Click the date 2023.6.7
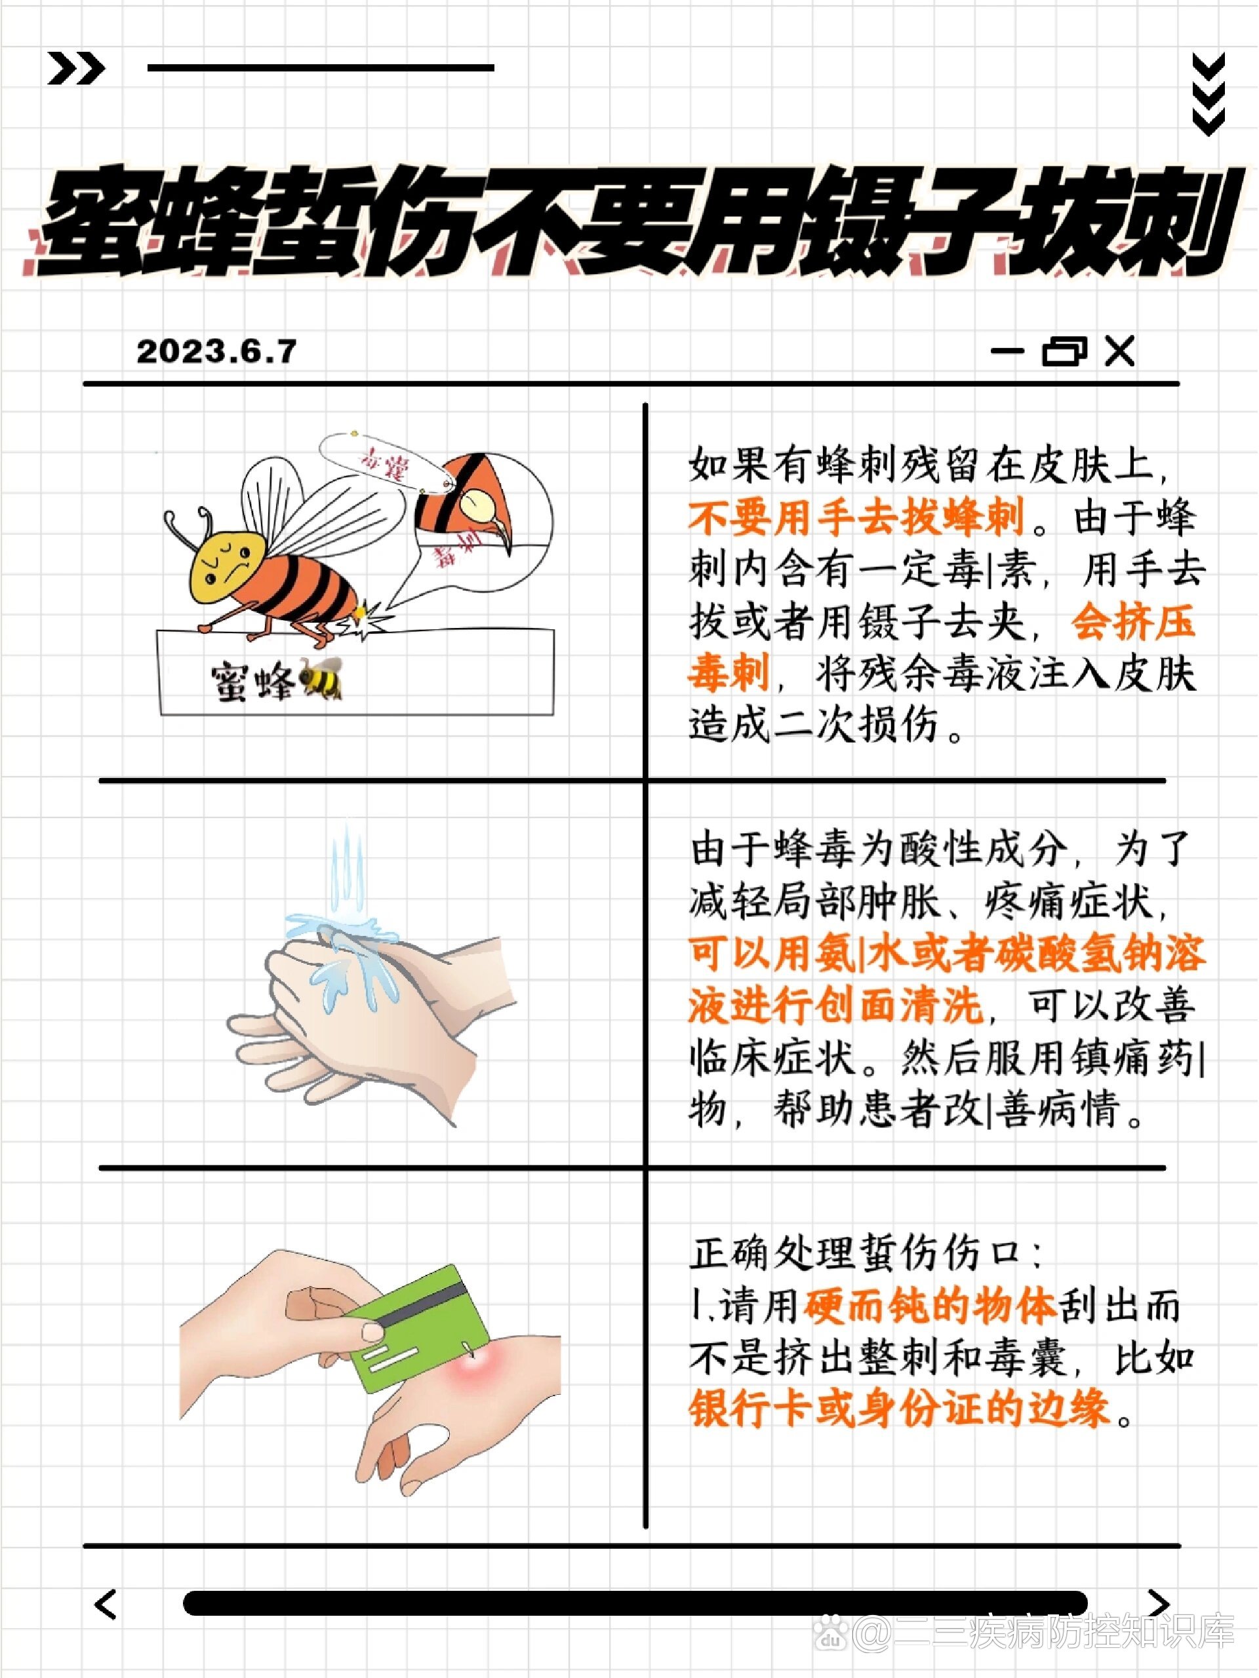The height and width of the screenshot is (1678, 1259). coord(216,351)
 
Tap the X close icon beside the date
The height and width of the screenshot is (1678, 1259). coord(1119,351)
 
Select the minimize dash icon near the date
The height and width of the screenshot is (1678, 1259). coord(1007,351)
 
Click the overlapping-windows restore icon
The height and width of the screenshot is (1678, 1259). coord(1064,351)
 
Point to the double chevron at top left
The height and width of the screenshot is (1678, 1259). coord(76,69)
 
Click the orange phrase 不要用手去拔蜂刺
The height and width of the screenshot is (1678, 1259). coord(856,517)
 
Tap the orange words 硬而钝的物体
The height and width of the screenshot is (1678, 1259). coord(930,1306)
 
